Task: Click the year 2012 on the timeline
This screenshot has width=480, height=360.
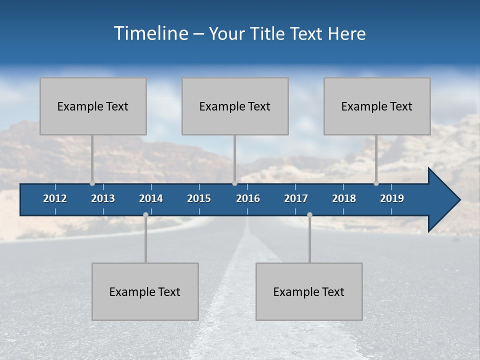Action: (55, 198)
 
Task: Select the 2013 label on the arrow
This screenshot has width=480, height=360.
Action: (103, 198)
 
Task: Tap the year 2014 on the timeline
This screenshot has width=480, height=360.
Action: (151, 198)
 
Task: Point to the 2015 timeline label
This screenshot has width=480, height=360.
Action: (199, 198)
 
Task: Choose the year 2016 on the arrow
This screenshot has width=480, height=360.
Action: (248, 198)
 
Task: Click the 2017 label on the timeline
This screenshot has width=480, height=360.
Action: (296, 198)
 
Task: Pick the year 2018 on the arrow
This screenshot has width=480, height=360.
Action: (344, 198)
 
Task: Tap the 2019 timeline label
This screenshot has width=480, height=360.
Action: (392, 198)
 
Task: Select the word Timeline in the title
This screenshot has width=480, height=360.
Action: (150, 33)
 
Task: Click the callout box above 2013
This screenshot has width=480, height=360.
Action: (93, 106)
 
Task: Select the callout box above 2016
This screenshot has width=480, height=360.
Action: (235, 106)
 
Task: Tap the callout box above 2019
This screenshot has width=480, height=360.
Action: (377, 106)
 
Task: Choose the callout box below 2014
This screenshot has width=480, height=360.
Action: (145, 291)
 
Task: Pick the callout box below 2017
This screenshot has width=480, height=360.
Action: (309, 291)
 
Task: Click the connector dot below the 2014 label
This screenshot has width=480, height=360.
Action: (145, 215)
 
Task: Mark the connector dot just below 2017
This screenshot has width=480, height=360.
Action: (309, 215)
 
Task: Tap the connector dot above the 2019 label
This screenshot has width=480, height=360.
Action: (376, 183)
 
